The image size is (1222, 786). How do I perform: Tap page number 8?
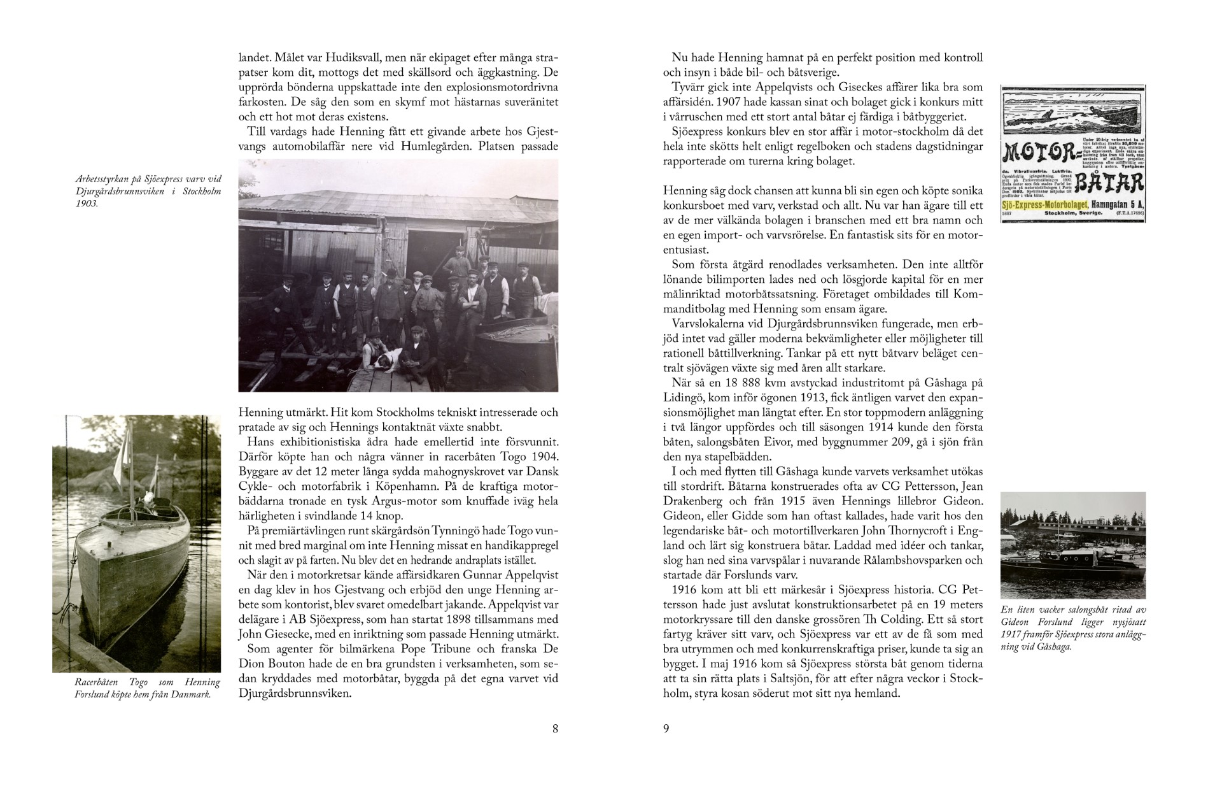(x=555, y=729)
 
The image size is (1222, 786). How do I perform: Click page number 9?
(x=666, y=729)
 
